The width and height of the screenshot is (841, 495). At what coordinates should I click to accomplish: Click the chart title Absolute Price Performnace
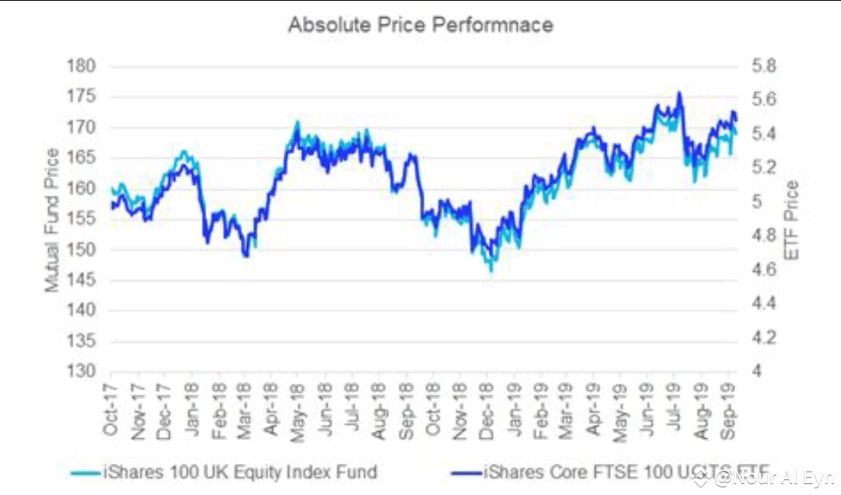420,24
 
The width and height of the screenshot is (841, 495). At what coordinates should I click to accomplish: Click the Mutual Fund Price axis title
52,220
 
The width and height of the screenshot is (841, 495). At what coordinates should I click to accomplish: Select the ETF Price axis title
792,220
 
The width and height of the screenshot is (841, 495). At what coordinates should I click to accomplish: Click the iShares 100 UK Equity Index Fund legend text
240,472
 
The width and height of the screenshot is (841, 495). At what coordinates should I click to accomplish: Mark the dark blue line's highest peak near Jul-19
679,93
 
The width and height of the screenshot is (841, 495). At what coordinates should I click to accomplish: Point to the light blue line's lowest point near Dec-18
491,270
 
